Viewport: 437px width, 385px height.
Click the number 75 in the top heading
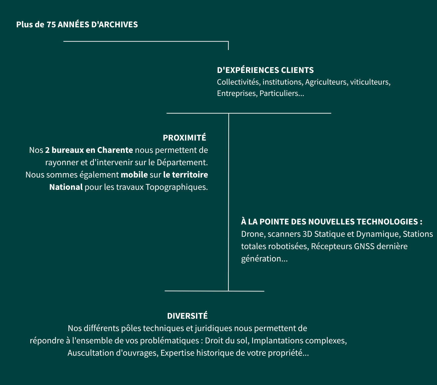(51, 25)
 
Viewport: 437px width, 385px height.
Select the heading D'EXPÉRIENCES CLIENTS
(265, 70)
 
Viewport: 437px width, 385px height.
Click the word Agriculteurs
(326, 82)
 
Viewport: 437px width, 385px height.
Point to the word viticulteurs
(370, 82)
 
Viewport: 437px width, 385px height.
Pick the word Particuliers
(282, 93)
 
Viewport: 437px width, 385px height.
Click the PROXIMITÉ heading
(184, 138)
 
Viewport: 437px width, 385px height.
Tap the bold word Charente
(115, 150)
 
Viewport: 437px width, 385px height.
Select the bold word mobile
(134, 175)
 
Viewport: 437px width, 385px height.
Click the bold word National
(66, 187)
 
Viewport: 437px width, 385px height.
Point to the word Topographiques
(176, 187)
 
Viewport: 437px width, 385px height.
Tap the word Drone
(253, 234)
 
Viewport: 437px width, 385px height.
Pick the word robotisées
(288, 246)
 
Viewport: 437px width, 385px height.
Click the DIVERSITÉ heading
(187, 316)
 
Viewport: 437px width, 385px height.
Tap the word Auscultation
(90, 353)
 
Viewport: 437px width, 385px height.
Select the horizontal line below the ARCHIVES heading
(146, 41)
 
